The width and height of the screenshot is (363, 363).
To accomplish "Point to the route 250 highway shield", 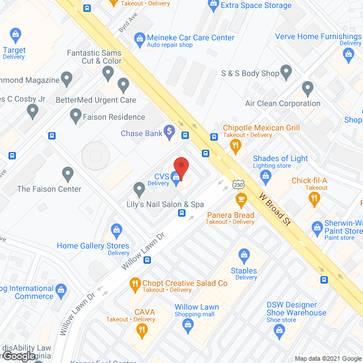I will (x=238, y=185).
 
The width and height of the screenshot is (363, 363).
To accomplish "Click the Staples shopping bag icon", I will (x=244, y=255).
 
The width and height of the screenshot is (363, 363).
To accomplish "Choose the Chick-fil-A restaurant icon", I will (x=314, y=198).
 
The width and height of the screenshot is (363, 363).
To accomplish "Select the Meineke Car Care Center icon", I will (x=140, y=38).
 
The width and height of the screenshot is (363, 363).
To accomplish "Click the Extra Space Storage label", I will (x=256, y=6).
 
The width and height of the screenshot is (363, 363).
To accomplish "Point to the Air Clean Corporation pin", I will (x=307, y=88).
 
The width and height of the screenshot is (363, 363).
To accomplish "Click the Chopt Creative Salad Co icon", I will (x=134, y=283).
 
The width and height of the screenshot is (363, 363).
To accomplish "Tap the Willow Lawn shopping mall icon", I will (x=188, y=324).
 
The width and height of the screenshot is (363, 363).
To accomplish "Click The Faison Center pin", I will (x=68, y=174).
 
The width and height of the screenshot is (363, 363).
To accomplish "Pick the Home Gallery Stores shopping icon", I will (x=117, y=230).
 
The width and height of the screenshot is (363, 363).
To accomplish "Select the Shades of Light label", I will (x=280, y=158).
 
